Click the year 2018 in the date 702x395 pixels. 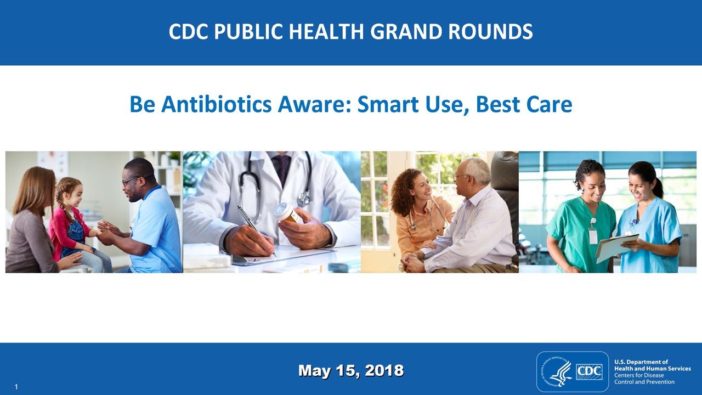pyautogui.click(x=384, y=371)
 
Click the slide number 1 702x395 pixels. pyautogui.click(x=16, y=387)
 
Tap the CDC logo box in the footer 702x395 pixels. pyautogui.click(x=589, y=372)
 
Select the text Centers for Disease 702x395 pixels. pyautogui.click(x=639, y=375)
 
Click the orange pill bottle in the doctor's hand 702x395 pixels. pyautogui.click(x=287, y=213)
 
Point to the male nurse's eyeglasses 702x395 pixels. pyautogui.click(x=131, y=179)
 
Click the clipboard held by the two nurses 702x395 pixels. pyautogui.click(x=616, y=247)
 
